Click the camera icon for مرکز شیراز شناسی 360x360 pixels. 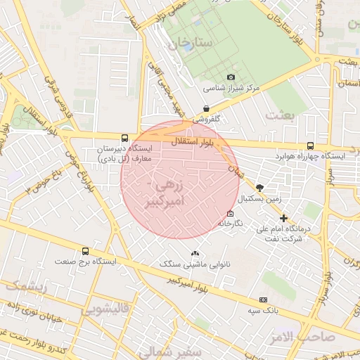pyautogui.click(x=231, y=77)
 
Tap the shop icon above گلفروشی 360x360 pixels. pyautogui.click(x=205, y=108)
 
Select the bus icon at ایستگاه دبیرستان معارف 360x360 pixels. pyautogui.click(x=124, y=139)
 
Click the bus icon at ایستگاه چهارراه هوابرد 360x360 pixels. pyautogui.click(x=310, y=145)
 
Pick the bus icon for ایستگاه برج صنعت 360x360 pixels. pyautogui.click(x=86, y=251)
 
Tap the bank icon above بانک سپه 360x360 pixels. pyautogui.click(x=263, y=300)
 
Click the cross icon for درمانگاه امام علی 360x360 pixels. pyautogui.click(x=283, y=219)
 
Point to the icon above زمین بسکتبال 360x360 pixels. pyautogui.click(x=259, y=188)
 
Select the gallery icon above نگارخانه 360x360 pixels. pyautogui.click(x=230, y=213)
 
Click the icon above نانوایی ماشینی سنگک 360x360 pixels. pyautogui.click(x=195, y=253)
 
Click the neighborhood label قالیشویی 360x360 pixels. pyautogui.click(x=105, y=309)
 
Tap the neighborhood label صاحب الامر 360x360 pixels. pyautogui.click(x=323, y=336)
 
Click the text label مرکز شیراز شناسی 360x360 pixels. pyautogui.click(x=232, y=89)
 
